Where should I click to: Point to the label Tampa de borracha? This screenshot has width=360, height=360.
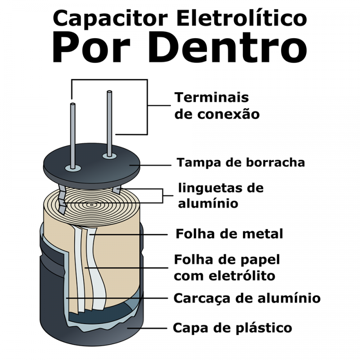(240, 162)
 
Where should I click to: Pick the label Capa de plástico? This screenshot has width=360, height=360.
(232, 327)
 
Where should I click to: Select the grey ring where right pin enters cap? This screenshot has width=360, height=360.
(108, 156)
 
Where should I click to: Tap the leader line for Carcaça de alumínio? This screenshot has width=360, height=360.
(117, 298)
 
